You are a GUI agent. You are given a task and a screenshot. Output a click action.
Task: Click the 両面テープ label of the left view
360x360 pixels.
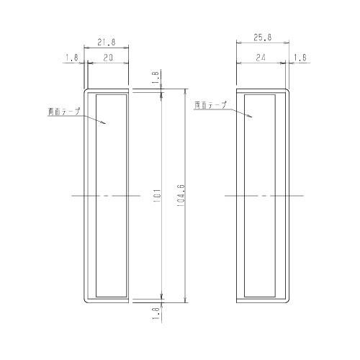tap(63, 112)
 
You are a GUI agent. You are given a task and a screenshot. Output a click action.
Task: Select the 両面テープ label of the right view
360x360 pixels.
tap(210, 105)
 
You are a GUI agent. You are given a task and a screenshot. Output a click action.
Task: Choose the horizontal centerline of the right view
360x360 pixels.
tap(263, 196)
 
